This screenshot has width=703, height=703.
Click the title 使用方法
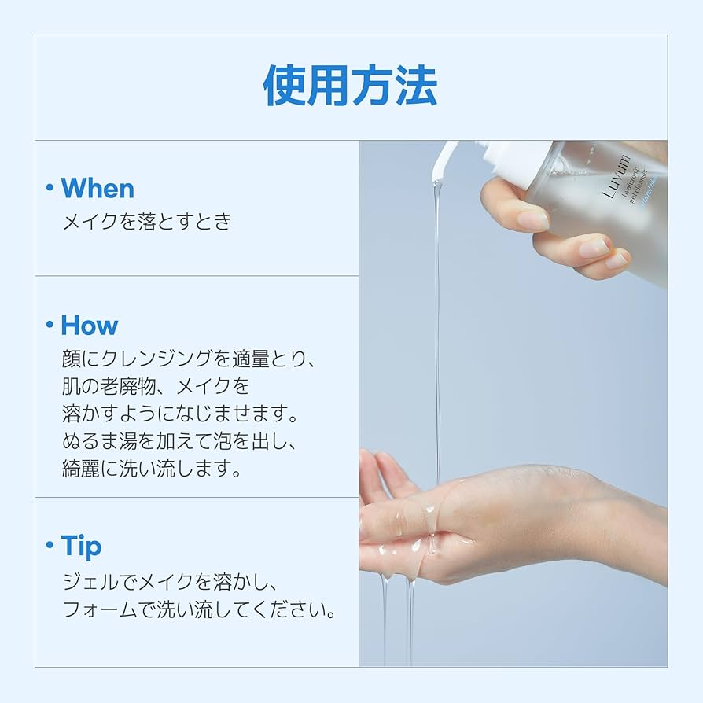(x=350, y=86)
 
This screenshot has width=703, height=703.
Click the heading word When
(x=98, y=189)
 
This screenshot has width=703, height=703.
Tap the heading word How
(x=90, y=325)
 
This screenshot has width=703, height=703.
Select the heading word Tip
(x=81, y=545)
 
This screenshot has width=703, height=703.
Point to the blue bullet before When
(x=50, y=189)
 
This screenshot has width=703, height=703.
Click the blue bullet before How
(x=50, y=325)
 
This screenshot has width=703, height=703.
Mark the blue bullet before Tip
(x=50, y=545)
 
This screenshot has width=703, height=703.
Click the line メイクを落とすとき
(x=147, y=222)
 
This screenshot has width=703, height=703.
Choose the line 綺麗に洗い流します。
(x=151, y=469)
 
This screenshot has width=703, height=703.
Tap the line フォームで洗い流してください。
(x=200, y=610)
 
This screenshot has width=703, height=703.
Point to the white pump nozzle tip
(x=440, y=157)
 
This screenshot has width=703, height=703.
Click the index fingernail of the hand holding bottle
(x=533, y=220)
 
